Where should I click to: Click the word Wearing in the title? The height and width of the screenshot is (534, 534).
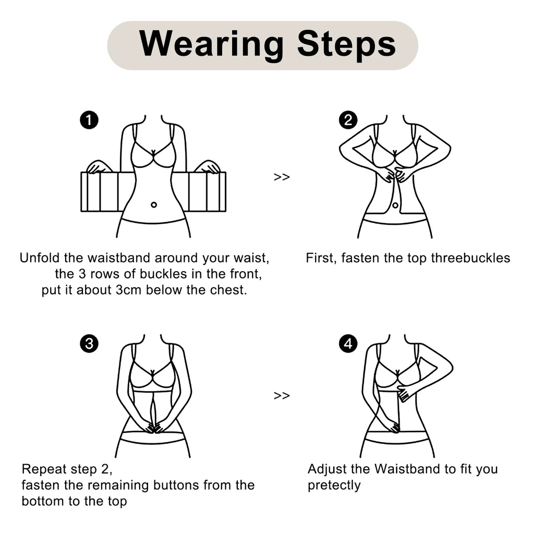(212, 45)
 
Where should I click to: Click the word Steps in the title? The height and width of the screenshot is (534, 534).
(346, 45)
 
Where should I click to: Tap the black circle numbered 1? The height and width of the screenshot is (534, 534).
(89, 120)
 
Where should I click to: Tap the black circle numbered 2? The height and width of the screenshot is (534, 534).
(348, 120)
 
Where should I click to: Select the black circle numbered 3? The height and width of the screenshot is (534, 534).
(89, 344)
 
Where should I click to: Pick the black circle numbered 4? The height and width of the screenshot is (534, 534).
(348, 344)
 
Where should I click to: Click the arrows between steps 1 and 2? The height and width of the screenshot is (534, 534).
(282, 177)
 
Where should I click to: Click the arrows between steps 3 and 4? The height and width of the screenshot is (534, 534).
(282, 395)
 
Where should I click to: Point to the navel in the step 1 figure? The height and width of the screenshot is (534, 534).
(154, 204)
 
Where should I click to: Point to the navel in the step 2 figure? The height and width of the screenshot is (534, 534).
(395, 205)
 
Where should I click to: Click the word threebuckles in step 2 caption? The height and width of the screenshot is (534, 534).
(470, 258)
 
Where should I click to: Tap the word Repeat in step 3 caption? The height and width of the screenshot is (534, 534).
(44, 469)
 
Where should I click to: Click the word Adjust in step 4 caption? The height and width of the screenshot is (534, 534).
(327, 469)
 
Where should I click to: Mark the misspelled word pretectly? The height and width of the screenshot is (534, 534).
(334, 486)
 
